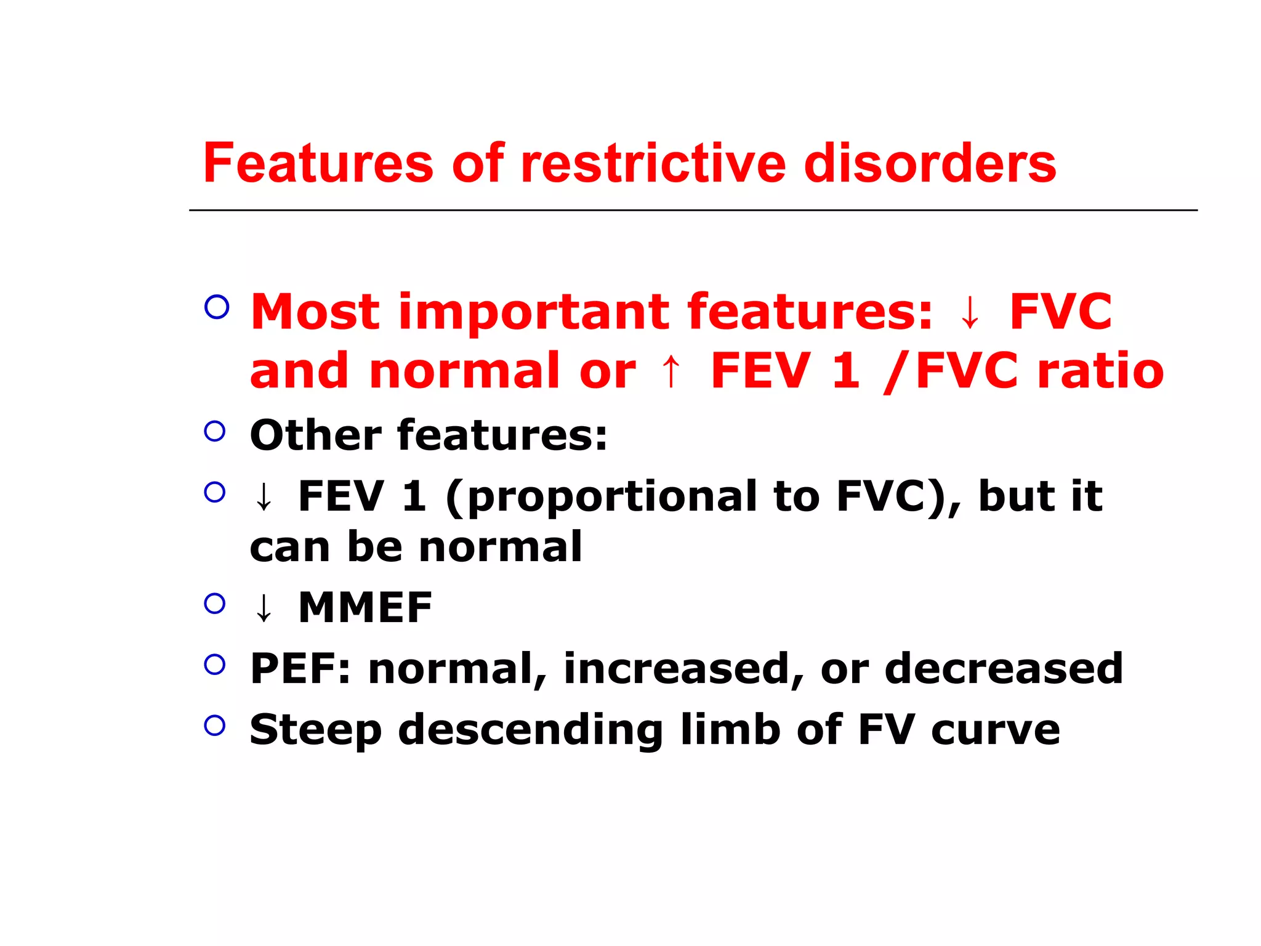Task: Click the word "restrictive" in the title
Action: [653, 163]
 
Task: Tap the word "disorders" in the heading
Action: [930, 163]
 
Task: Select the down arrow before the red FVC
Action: [970, 313]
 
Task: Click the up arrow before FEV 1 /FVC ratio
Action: [671, 371]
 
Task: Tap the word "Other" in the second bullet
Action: [315, 435]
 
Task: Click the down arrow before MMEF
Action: [264, 608]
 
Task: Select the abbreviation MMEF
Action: [365, 608]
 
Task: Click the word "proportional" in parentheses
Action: [612, 496]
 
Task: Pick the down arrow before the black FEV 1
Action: [264, 497]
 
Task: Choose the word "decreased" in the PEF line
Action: [1004, 669]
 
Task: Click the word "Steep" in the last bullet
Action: [315, 730]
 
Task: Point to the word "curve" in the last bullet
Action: [995, 730]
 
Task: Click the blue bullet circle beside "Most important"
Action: [217, 306]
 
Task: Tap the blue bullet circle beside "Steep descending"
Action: [215, 725]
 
